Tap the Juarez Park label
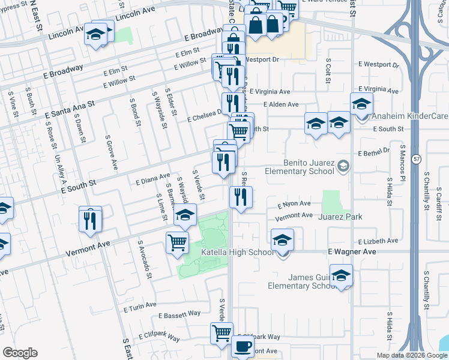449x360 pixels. click(x=340, y=216)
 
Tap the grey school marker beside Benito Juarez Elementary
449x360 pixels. click(x=343, y=166)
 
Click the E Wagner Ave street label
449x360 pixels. click(x=351, y=252)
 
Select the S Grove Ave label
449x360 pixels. click(x=110, y=151)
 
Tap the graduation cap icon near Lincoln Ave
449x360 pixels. click(x=95, y=34)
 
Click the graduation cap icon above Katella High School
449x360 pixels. click(x=282, y=240)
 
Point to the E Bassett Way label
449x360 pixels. click(x=179, y=314)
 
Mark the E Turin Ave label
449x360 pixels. click(x=139, y=308)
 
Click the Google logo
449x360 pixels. click(x=20, y=353)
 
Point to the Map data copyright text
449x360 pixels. click(x=412, y=355)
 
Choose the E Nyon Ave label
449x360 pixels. click(x=294, y=205)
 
